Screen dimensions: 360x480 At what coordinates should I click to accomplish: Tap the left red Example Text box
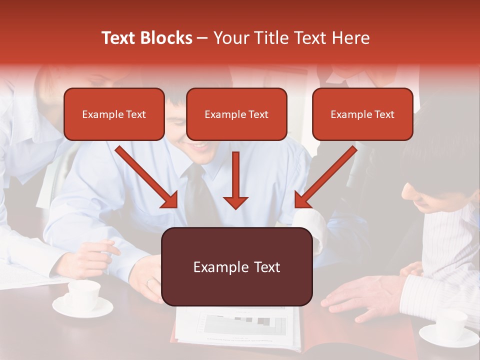click(114, 114)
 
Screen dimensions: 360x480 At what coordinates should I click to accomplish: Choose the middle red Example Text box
click(236, 114)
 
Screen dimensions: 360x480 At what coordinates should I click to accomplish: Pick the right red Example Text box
click(362, 114)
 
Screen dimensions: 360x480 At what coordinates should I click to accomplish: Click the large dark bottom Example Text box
click(236, 267)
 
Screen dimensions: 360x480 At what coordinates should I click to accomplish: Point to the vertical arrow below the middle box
click(235, 180)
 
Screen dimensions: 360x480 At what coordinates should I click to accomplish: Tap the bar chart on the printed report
click(245, 325)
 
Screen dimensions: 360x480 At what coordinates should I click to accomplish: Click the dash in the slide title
click(202, 38)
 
